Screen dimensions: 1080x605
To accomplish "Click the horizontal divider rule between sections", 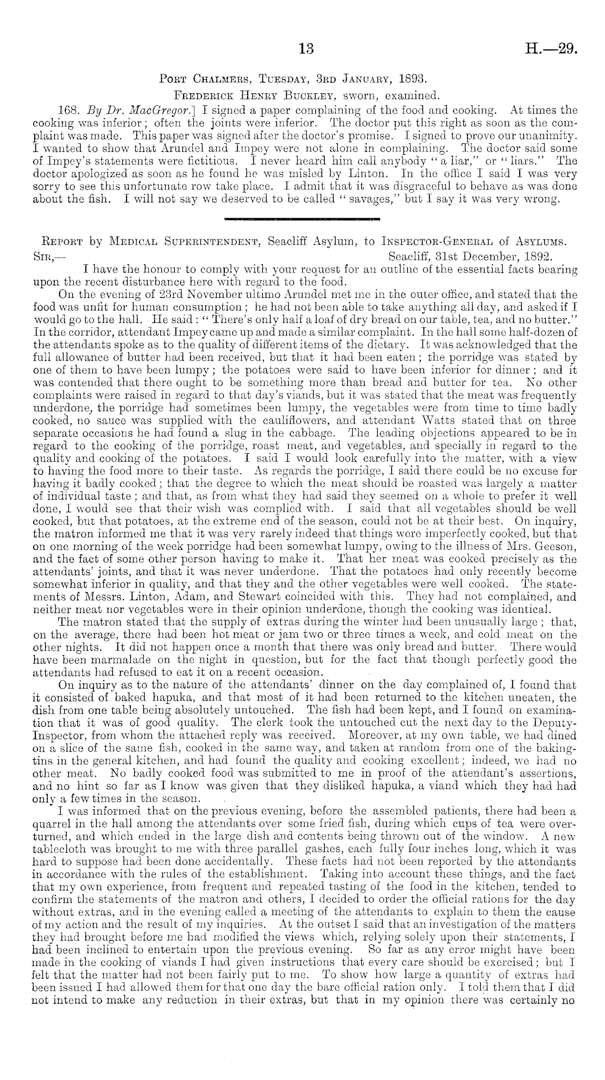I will [x=301, y=219].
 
